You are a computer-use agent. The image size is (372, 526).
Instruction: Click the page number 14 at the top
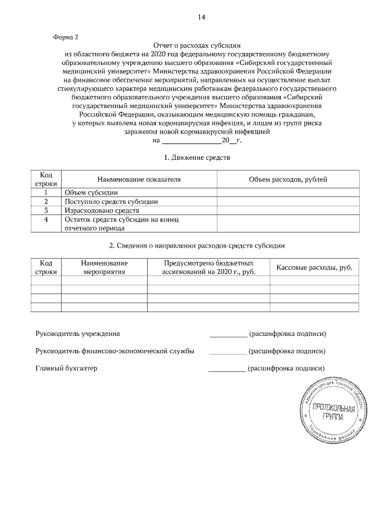tap(201, 17)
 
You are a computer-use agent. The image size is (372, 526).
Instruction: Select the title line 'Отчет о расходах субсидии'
tap(196, 45)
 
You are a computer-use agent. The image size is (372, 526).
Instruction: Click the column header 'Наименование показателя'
tap(139, 180)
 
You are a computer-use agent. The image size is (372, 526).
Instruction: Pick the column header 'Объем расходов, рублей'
tap(288, 180)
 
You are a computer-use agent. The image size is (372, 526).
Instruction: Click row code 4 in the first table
tap(45, 219)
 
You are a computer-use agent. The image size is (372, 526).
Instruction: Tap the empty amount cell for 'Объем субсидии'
tap(288, 192)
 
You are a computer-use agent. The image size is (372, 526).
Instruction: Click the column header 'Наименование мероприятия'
tap(104, 267)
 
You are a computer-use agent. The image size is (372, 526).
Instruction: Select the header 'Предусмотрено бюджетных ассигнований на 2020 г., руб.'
tap(208, 267)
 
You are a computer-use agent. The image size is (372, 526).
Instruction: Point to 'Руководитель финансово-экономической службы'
tap(115, 352)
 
